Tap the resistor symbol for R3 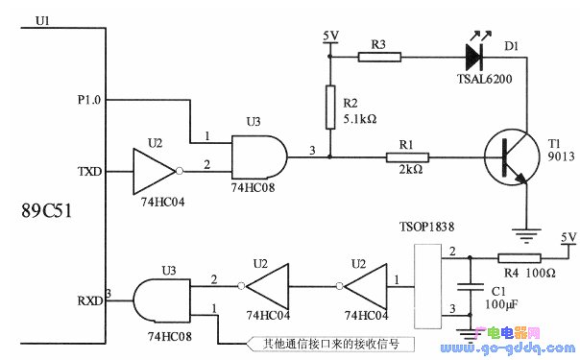(x=379, y=57)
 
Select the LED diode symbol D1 (x=477, y=57)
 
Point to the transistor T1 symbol (x=508, y=156)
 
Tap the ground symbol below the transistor (x=526, y=230)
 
